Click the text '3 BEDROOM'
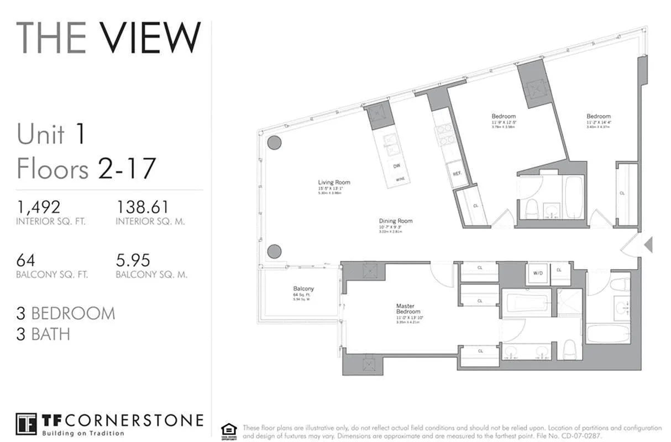[66, 313]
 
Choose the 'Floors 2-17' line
[86, 168]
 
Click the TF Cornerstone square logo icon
[26, 424]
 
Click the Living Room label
[334, 182]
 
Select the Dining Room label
[396, 221]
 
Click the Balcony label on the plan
[303, 288]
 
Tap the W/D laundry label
[538, 273]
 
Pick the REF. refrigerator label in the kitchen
[457, 173]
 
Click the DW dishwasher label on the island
[396, 166]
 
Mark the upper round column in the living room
[274, 143]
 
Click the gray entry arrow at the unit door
[648, 244]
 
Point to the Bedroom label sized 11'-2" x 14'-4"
[599, 116]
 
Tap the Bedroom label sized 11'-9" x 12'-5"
[504, 116]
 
